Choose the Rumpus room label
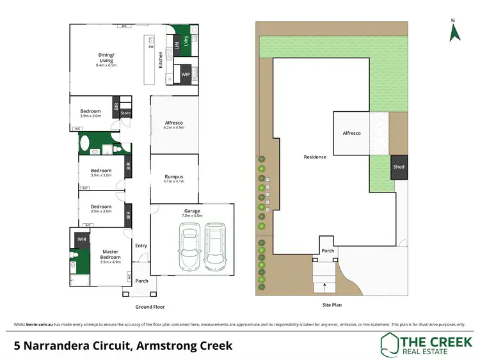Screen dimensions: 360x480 [174, 176]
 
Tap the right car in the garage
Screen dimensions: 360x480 [214, 246]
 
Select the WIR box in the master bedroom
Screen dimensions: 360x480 [82, 240]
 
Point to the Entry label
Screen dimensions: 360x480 [141, 245]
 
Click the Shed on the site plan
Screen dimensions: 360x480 [398, 167]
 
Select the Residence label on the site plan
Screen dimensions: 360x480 [315, 157]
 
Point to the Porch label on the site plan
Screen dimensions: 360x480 [328, 251]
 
